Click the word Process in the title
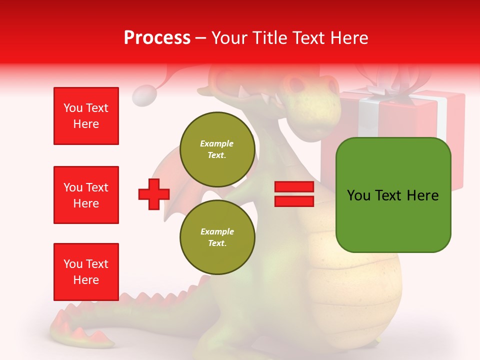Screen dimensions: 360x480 pyautogui.click(x=157, y=38)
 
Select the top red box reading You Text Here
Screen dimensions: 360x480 pyautogui.click(x=86, y=116)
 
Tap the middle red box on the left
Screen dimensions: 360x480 pyautogui.click(x=86, y=195)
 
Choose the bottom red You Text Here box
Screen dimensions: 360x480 pyautogui.click(x=86, y=272)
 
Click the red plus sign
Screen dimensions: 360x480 pyautogui.click(x=153, y=194)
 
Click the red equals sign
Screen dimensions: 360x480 pyautogui.click(x=294, y=194)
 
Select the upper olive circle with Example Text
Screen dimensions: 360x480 pyautogui.click(x=217, y=149)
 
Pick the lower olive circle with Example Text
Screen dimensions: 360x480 pyautogui.click(x=217, y=237)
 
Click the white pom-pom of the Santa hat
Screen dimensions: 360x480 pyautogui.click(x=145, y=95)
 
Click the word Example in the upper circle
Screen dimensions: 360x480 pyautogui.click(x=216, y=143)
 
